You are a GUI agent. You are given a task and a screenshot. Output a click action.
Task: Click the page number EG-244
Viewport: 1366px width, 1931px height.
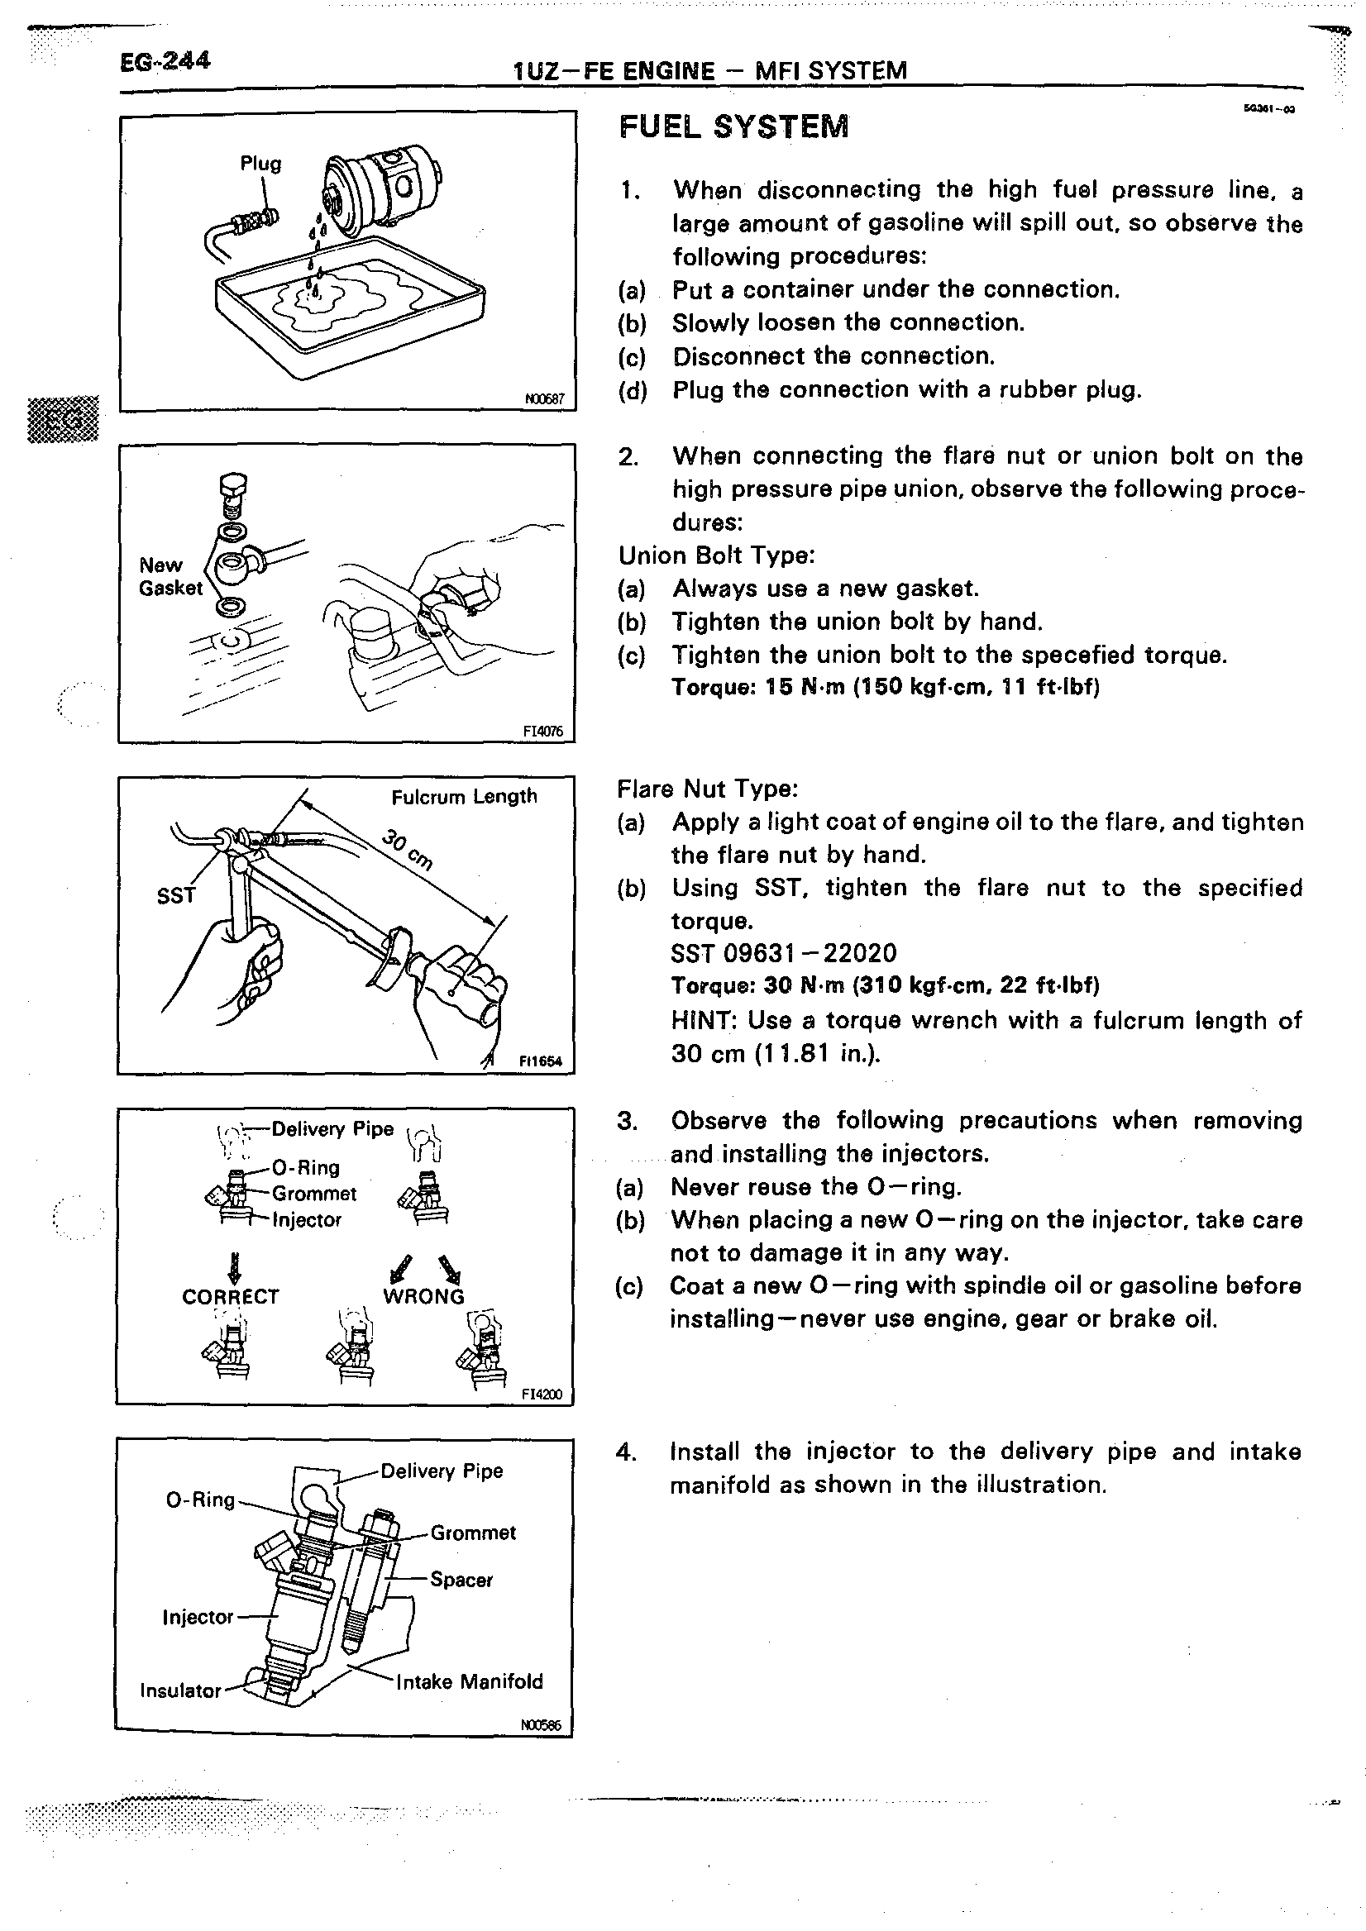click(x=165, y=61)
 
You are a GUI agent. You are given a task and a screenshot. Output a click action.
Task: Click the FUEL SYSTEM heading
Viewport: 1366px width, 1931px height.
click(x=733, y=127)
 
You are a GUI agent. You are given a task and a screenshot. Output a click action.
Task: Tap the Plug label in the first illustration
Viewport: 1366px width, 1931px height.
click(x=260, y=163)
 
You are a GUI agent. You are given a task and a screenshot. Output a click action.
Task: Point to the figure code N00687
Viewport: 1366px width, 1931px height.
click(x=544, y=399)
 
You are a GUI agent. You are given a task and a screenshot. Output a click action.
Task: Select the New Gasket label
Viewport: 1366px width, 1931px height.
click(x=170, y=576)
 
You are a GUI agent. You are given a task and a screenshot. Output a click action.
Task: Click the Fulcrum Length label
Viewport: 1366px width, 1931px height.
click(x=463, y=796)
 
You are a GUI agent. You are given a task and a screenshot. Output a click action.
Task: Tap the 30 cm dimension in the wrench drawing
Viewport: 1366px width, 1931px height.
click(x=408, y=850)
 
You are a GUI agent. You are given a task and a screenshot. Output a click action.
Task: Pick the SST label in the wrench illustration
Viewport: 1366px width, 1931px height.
click(x=176, y=897)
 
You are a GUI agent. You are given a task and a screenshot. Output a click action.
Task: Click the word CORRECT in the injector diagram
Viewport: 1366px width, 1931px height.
click(x=230, y=1296)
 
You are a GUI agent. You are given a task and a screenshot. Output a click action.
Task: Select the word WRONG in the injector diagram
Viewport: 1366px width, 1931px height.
click(x=423, y=1296)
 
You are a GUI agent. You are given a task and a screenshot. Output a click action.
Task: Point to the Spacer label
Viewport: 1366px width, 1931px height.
click(x=461, y=1580)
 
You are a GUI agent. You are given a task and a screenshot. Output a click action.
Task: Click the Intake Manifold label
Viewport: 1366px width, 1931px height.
click(x=470, y=1681)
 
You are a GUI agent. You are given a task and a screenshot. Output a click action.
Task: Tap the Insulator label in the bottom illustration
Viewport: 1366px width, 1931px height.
click(x=180, y=1690)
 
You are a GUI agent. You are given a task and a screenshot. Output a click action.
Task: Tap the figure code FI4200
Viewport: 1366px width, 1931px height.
click(x=542, y=1395)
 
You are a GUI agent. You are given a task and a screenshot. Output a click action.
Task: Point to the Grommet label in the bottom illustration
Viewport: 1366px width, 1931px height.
click(x=473, y=1533)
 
